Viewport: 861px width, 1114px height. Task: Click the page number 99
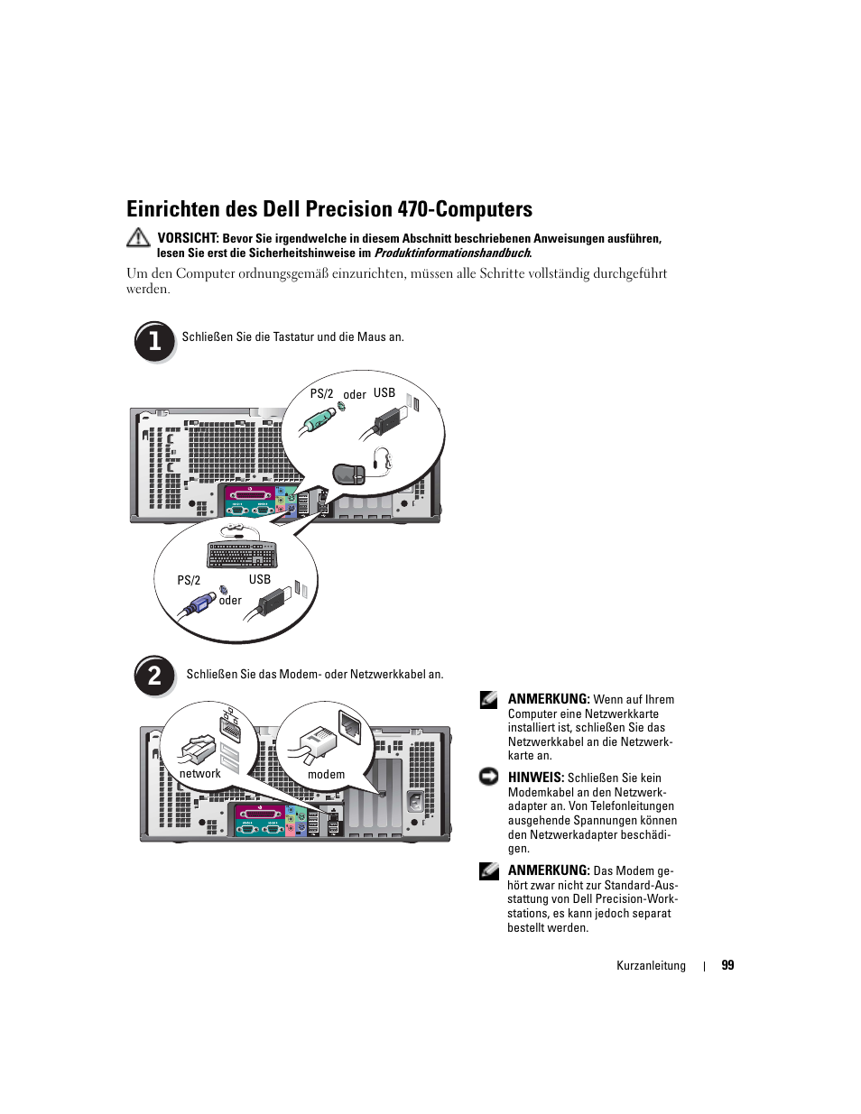(727, 965)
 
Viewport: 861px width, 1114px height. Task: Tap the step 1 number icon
(154, 341)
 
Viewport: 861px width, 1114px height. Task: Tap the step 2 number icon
(154, 675)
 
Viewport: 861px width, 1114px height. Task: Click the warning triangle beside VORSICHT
(138, 238)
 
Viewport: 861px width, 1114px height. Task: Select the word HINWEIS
(535, 778)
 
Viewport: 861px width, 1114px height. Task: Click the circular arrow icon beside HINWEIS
(489, 777)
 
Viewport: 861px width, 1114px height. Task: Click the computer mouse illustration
(350, 473)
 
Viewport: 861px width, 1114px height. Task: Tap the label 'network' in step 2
(199, 774)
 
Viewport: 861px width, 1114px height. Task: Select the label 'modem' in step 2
(326, 775)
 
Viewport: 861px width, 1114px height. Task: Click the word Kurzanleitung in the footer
(651, 966)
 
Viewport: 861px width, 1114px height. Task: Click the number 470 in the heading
(412, 209)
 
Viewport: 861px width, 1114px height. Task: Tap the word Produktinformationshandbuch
(451, 253)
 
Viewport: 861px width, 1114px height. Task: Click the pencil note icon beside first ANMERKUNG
(489, 698)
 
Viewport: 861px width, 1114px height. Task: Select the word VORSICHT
(188, 238)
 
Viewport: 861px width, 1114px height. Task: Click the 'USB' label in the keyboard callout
(260, 579)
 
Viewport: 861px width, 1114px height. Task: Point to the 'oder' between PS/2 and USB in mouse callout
(355, 395)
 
